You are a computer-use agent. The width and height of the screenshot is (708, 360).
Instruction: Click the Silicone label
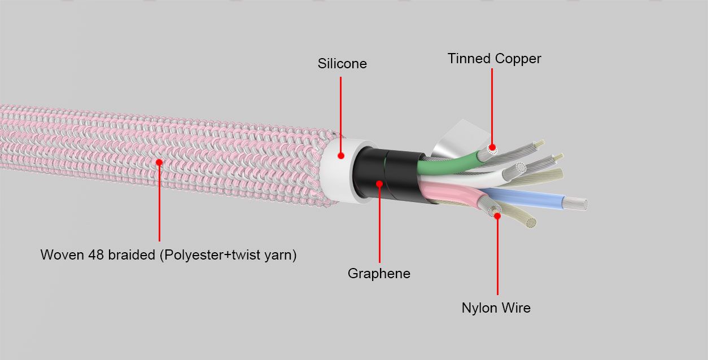point(342,64)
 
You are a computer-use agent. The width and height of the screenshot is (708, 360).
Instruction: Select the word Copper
point(518,59)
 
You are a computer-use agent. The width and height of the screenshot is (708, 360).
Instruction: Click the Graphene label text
point(379,274)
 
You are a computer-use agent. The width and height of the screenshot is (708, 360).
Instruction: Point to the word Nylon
point(479,308)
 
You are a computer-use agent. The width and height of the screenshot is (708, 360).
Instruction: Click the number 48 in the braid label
point(96,255)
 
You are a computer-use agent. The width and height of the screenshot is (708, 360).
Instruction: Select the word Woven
point(62,255)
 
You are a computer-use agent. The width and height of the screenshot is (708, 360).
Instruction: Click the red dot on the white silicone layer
point(340,156)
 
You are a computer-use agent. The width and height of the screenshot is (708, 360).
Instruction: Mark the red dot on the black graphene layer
point(379,184)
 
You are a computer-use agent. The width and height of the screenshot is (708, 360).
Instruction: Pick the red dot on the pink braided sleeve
point(159,163)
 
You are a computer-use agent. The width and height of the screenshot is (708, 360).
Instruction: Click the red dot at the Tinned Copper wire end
point(492,147)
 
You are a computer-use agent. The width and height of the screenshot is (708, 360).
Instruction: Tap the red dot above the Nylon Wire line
point(497,216)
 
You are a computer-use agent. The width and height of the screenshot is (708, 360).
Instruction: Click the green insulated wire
point(449,164)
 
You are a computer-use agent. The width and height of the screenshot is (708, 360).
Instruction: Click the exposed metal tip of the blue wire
point(575,203)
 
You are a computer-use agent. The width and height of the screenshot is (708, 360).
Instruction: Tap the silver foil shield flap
point(458,139)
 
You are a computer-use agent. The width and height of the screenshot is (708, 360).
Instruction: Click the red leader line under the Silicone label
point(340,115)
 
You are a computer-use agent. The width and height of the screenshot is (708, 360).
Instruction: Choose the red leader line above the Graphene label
point(379,225)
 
